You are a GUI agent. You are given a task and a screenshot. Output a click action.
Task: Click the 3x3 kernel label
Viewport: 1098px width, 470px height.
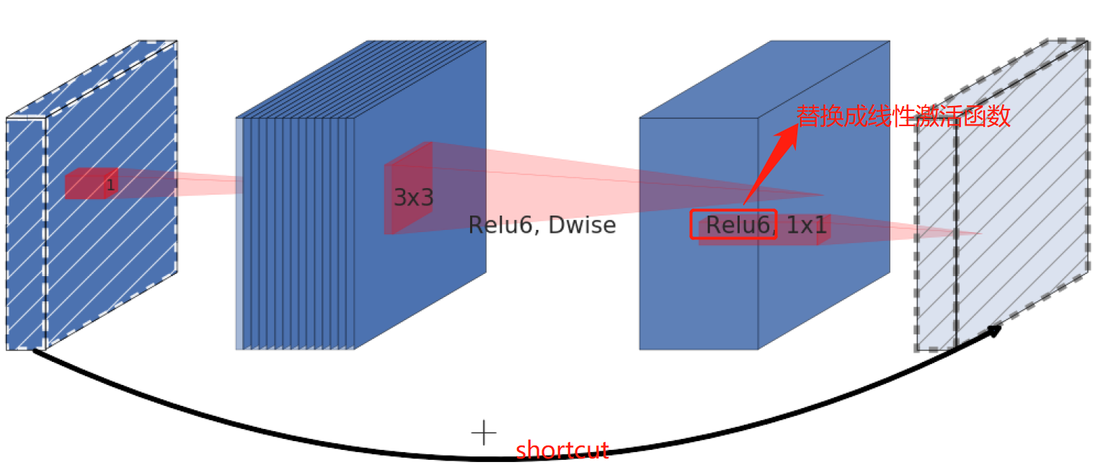(413, 198)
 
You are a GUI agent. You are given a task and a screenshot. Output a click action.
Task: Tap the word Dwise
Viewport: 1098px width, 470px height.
(582, 226)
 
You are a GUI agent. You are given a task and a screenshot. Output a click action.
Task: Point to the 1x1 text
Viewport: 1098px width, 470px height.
(805, 226)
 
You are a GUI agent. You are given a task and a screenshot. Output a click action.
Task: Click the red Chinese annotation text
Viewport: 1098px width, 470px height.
(903, 115)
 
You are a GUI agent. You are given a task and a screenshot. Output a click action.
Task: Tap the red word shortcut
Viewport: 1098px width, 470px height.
(562, 451)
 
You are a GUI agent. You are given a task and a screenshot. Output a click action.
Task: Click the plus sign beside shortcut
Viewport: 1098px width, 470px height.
(483, 433)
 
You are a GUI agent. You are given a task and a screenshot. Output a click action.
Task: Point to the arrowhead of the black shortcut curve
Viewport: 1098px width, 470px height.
(994, 331)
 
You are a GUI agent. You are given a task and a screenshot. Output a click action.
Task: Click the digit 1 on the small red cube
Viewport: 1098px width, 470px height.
(110, 186)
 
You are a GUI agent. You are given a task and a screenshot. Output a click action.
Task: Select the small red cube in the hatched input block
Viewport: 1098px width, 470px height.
(87, 184)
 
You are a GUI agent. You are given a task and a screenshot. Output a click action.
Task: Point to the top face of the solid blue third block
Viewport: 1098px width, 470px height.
(764, 79)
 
